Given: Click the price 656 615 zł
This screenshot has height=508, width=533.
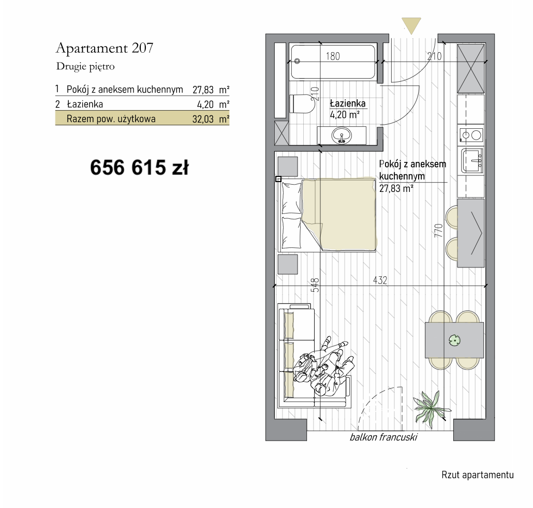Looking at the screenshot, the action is (x=139, y=168).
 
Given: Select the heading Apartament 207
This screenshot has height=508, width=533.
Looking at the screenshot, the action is (x=105, y=48).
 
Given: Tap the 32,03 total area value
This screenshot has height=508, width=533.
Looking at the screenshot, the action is (x=203, y=119).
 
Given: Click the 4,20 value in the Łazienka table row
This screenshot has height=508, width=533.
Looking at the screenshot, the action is (x=205, y=104).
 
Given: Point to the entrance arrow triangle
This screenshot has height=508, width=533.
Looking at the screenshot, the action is (x=411, y=25).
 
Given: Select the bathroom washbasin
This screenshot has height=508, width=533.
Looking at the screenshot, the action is (x=342, y=136).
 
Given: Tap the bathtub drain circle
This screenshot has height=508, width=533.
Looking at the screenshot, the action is (x=297, y=61).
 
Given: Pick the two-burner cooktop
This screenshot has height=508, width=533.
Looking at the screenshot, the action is (x=471, y=135).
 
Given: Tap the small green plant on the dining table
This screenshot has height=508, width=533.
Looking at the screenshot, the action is (x=454, y=340).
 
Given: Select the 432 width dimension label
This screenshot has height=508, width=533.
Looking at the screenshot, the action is (x=380, y=280).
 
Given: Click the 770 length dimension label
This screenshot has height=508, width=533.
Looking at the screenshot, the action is (x=438, y=230).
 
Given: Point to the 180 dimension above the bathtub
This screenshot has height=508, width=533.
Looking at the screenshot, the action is (x=333, y=56).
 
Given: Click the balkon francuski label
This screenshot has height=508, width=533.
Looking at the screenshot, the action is (x=383, y=437).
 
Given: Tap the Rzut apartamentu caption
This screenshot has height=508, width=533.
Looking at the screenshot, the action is (x=478, y=475).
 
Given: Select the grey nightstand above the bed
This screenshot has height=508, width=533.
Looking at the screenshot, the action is (x=288, y=167).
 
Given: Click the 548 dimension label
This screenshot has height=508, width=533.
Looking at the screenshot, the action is (x=315, y=285).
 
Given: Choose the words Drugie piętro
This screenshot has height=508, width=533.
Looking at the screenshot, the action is (x=85, y=67).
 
